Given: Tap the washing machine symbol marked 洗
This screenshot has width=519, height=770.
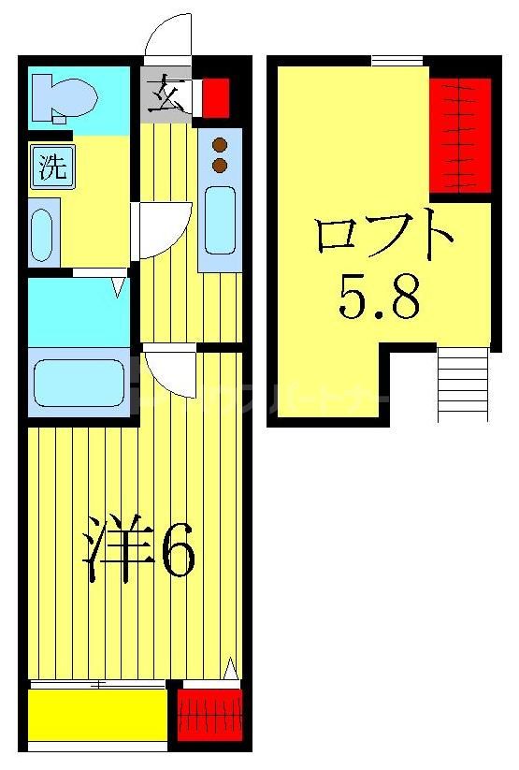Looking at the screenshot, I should click(x=51, y=168).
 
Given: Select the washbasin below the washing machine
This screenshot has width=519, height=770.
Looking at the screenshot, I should click(x=43, y=234).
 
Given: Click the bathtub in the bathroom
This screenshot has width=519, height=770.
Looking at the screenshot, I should click(x=79, y=383).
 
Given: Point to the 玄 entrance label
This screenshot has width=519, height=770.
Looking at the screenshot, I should click(x=166, y=94).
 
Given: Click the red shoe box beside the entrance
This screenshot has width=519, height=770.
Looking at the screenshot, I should click(x=216, y=94).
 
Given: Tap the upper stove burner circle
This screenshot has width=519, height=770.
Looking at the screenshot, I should click(x=221, y=145).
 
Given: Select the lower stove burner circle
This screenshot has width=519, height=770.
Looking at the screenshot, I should click(x=221, y=166).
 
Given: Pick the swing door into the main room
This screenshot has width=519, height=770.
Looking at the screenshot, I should click(x=170, y=370).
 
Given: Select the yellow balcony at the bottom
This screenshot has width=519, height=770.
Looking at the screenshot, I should click(x=96, y=715).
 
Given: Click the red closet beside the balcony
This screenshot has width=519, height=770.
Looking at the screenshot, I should click(x=209, y=716).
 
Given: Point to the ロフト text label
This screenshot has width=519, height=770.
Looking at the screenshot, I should click(x=383, y=239).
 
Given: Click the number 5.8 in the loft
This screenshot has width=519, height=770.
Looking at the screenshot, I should click(x=379, y=298).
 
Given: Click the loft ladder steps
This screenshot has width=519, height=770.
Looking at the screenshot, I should click(x=462, y=384).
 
